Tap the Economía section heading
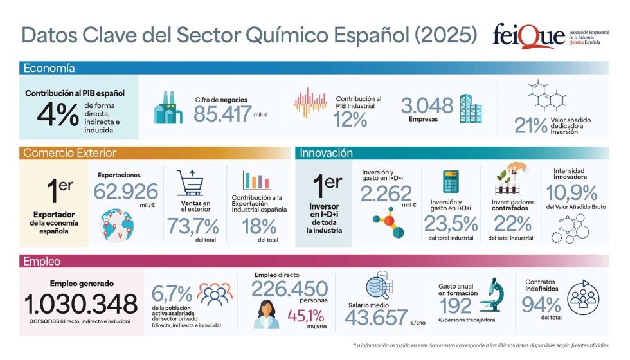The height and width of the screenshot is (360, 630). tap(50, 68)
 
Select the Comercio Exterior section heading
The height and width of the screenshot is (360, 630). tap(69, 153)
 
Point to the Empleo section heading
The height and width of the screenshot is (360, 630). tap(42, 262)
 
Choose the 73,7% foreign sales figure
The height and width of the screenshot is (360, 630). tap(193, 226)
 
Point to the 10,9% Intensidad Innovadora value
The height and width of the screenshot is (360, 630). tap(571, 192)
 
